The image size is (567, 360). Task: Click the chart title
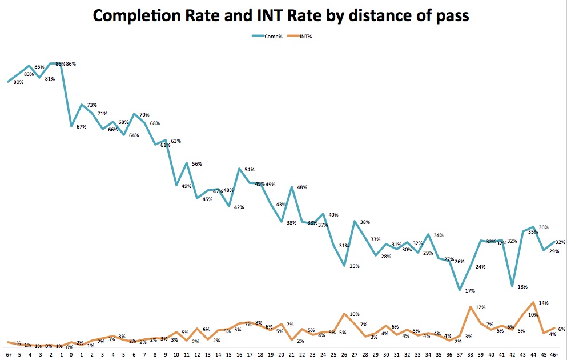click(x=281, y=15)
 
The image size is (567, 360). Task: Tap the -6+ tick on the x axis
click(x=8, y=354)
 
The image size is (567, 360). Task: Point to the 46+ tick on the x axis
click(x=553, y=354)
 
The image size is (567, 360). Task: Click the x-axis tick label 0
click(x=71, y=354)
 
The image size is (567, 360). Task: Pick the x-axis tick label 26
click(x=344, y=354)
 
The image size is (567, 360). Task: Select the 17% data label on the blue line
click(x=471, y=291)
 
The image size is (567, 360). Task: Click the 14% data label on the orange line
click(x=544, y=303)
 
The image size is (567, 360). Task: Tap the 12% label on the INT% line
click(x=481, y=307)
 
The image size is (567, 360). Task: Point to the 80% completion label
click(x=18, y=83)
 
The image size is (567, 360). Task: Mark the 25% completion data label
click(x=355, y=266)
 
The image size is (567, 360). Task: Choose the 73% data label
click(x=92, y=105)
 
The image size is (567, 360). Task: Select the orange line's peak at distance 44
click(x=533, y=302)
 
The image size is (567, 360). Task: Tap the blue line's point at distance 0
click(x=71, y=126)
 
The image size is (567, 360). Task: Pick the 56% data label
click(x=197, y=164)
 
